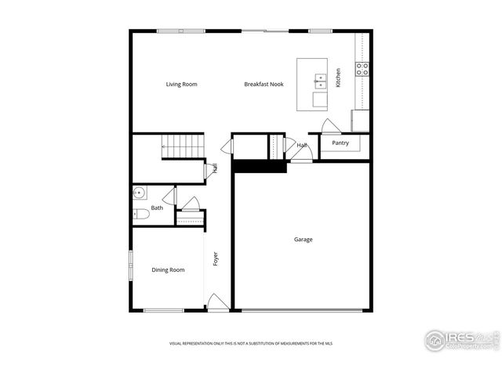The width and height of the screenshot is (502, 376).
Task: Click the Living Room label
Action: [180, 85]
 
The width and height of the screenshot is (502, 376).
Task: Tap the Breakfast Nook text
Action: [264, 85]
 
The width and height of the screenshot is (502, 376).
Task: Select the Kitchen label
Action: [338, 78]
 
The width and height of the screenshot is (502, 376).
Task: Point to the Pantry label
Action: [340, 143]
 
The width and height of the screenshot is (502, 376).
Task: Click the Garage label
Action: [303, 240]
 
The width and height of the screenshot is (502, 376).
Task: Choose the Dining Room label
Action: [168, 270]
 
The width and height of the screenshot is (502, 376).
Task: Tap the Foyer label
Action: [216, 258]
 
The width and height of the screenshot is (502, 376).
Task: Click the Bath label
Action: [157, 208]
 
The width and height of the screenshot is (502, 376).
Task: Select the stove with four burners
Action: [362, 69]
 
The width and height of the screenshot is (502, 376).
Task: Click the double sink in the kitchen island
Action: [321, 80]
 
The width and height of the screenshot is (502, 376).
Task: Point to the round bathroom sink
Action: [140, 193]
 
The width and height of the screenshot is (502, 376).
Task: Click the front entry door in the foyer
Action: [217, 302]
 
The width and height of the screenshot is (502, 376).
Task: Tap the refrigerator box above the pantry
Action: [360, 120]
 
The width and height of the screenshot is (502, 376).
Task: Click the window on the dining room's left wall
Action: [131, 264]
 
